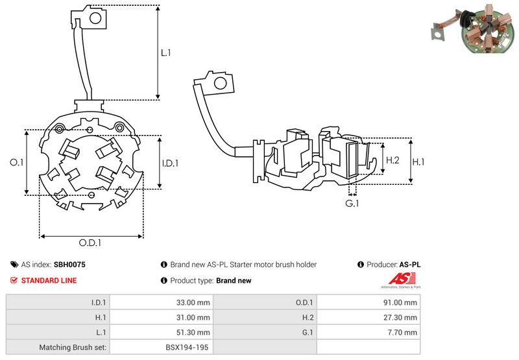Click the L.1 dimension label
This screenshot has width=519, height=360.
point(166,53)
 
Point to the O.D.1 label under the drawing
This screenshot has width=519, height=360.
point(90,243)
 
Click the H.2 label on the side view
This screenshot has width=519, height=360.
point(392,160)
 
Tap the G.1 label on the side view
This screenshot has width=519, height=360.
point(352,204)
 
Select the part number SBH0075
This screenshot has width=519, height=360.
point(69,265)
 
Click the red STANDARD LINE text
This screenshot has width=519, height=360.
point(49,281)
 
